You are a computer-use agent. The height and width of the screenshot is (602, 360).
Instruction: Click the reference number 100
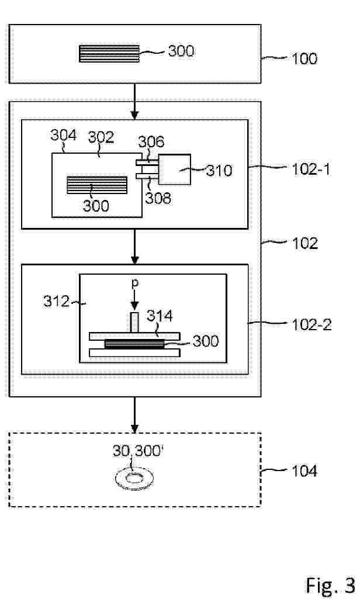click(x=304, y=59)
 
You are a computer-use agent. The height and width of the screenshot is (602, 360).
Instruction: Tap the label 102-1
click(x=311, y=169)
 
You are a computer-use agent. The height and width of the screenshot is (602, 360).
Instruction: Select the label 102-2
click(x=311, y=325)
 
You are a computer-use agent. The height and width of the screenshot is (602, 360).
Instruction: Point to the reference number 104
click(x=304, y=470)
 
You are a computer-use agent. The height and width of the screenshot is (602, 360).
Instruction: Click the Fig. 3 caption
click(x=330, y=586)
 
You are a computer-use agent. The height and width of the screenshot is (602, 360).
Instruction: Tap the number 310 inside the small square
click(x=219, y=171)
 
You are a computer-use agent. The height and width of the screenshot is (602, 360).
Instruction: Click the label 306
click(x=151, y=142)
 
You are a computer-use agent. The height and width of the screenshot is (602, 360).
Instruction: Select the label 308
click(x=158, y=198)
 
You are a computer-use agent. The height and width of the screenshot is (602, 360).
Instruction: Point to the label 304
click(x=64, y=135)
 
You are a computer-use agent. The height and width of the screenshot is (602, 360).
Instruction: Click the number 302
click(x=101, y=137)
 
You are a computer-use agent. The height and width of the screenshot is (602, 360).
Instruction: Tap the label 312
click(x=57, y=302)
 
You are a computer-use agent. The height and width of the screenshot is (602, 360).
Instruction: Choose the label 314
click(x=160, y=316)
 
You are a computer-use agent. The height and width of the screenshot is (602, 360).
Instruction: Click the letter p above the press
click(x=135, y=283)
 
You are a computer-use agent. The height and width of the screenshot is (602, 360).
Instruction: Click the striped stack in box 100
click(x=109, y=53)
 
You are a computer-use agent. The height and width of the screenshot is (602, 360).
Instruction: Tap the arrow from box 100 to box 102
click(x=134, y=101)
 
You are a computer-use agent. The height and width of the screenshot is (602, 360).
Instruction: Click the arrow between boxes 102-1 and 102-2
click(x=134, y=247)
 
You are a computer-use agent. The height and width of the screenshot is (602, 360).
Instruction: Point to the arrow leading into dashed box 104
click(x=134, y=414)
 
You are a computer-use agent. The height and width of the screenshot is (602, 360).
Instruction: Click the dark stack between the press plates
click(x=134, y=344)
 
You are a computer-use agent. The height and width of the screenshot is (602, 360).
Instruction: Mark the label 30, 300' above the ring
click(x=138, y=451)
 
